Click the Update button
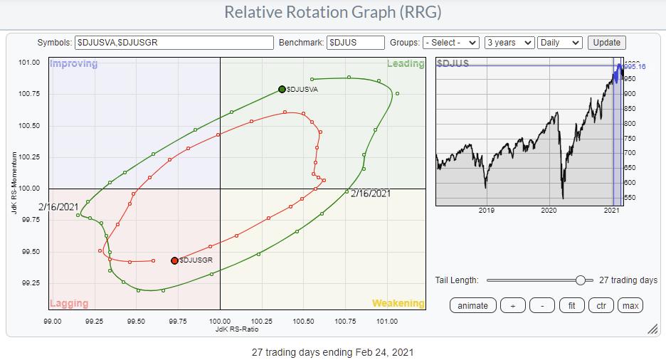pos(607,43)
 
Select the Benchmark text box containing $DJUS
pos(355,43)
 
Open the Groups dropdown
pos(451,43)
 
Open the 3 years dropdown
pos(509,43)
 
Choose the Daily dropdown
pos(560,43)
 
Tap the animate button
pos(472,305)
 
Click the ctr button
pos(601,305)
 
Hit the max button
pos(630,305)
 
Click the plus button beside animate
pos(513,305)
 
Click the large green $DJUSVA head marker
pos(282,90)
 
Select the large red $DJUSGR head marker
pos(174,260)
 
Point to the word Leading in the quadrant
pos(405,64)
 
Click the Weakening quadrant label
pos(398,304)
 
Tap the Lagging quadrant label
pos(69,304)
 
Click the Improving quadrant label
pos(73,64)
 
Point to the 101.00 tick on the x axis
pos(386,322)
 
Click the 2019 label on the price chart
pos(487,211)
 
